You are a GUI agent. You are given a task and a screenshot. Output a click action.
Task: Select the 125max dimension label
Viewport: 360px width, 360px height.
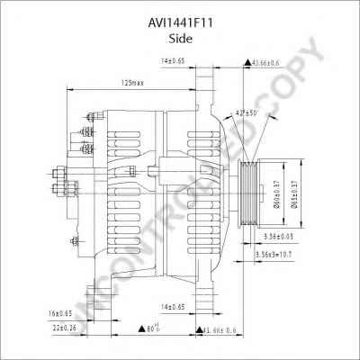click(134, 82)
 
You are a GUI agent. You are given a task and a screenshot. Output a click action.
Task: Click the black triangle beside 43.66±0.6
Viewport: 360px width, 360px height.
click(247, 62)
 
